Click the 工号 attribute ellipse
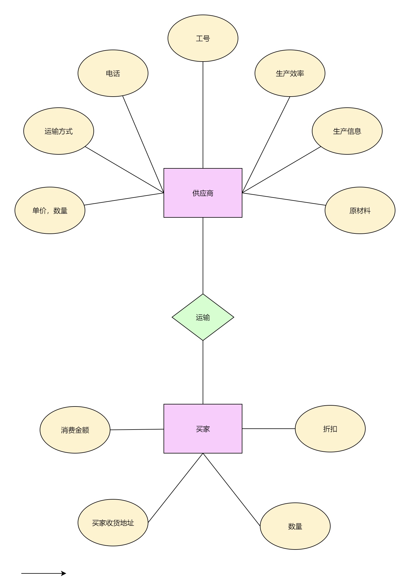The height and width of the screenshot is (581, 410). (203, 38)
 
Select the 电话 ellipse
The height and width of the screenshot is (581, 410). (113, 73)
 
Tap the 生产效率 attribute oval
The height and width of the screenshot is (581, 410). (290, 73)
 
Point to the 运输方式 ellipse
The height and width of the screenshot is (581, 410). (58, 131)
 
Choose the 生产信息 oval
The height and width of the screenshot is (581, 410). (347, 131)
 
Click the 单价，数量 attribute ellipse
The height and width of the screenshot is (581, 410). (50, 210)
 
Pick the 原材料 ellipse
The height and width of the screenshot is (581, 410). (360, 210)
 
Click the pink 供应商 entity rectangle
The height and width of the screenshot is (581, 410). (203, 193)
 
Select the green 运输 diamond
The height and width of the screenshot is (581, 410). (203, 317)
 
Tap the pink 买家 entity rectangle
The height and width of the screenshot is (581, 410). (203, 429)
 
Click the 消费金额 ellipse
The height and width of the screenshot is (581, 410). (75, 430)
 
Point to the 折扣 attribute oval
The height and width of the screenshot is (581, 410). (330, 429)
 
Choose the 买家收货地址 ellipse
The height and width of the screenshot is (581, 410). (113, 523)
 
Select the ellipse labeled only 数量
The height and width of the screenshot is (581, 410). (295, 526)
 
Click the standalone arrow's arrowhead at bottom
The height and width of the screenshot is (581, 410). (64, 573)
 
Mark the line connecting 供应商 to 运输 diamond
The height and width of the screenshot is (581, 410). (203, 255)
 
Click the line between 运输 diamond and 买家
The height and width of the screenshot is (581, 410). (203, 372)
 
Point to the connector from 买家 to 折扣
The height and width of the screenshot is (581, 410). (268, 429)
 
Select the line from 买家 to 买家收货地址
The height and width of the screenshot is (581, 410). (176, 488)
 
